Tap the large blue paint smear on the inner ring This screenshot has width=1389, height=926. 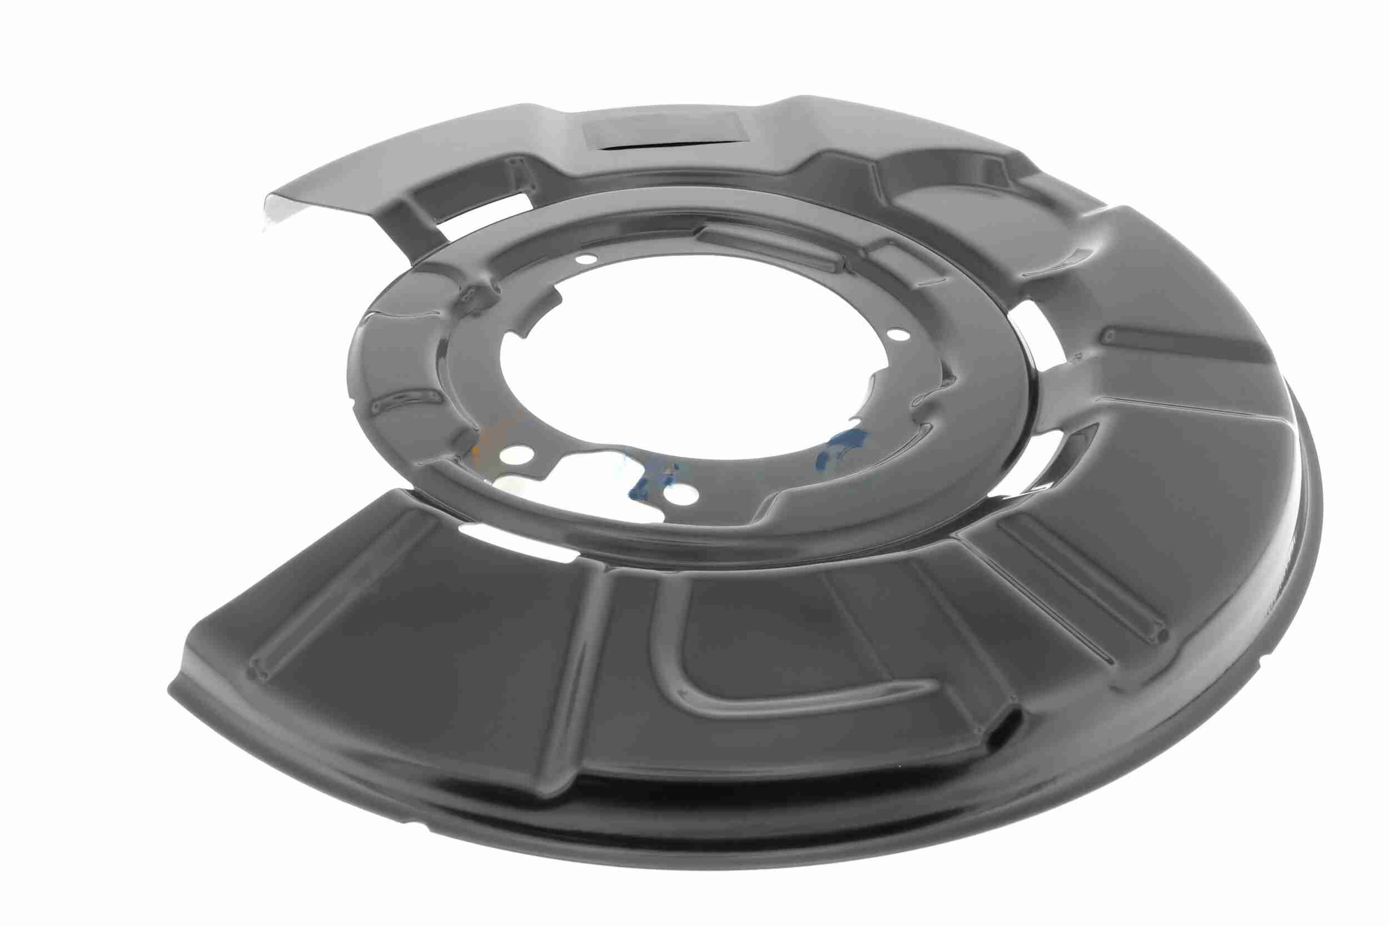(842, 449)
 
